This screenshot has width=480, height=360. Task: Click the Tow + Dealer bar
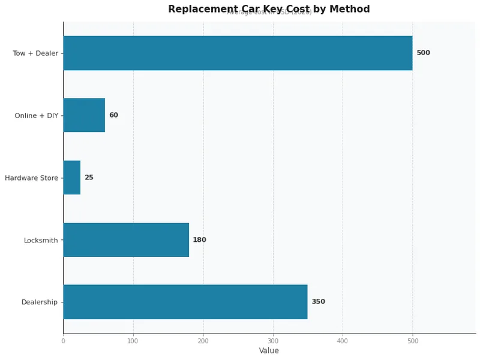point(238,53)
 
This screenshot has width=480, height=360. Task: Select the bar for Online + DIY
point(84,115)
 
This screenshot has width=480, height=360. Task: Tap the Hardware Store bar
point(72,178)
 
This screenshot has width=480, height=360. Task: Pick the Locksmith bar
point(126,240)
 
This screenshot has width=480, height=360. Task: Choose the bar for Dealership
point(185,302)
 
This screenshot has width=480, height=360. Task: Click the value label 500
point(423,53)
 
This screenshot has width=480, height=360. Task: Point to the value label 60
point(113,115)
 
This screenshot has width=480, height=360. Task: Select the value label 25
point(89,178)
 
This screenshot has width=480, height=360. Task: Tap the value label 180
point(199,240)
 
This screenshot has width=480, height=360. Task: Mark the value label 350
point(318,302)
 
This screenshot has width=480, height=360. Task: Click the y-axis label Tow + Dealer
point(35,53)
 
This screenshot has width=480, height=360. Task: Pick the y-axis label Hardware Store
point(31,178)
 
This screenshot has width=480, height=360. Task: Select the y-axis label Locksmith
point(41,241)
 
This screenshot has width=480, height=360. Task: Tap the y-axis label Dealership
point(40,302)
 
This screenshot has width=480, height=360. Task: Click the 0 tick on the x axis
point(63,341)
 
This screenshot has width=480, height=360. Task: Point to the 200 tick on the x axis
point(203,341)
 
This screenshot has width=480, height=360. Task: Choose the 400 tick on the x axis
point(343,341)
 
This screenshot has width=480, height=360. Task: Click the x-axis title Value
point(269,351)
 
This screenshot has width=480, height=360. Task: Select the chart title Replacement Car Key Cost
point(269,9)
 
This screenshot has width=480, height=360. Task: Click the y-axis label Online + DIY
point(37,116)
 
